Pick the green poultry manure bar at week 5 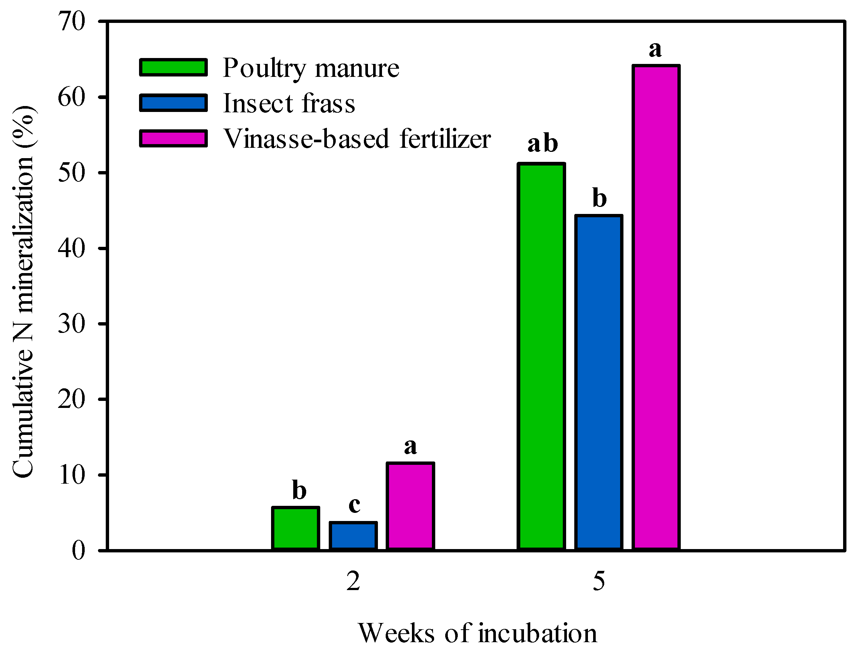(x=541, y=356)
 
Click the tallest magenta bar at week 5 (x=656, y=307)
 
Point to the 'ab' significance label (x=543, y=144)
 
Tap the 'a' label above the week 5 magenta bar (x=655, y=50)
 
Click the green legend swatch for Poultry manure (x=173, y=67)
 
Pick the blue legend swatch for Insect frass (x=173, y=103)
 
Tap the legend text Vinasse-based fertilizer (x=356, y=139)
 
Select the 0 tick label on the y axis (x=78, y=551)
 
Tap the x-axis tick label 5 (x=599, y=582)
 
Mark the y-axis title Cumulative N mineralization (x=23, y=292)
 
